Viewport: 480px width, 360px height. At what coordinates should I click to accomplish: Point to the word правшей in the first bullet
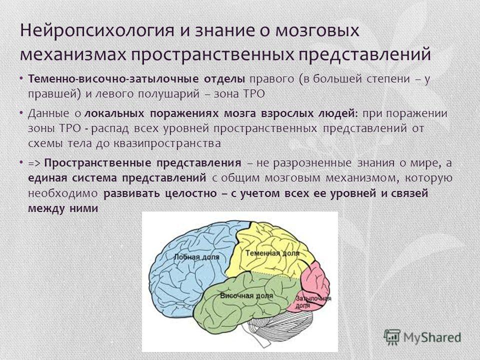coord(51,93)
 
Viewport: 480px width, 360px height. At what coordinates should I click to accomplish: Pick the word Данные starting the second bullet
coord(48,113)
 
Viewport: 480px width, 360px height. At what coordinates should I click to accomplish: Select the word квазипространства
coord(167,143)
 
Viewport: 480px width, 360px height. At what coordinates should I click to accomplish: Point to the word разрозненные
coord(312,163)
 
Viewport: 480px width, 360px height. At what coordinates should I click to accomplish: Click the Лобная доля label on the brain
coord(196,256)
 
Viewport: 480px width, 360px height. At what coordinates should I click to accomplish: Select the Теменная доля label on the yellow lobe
coord(272,253)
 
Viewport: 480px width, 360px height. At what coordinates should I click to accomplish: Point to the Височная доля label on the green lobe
coord(246,296)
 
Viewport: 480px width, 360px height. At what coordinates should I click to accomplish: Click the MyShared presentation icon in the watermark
coord(392,337)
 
